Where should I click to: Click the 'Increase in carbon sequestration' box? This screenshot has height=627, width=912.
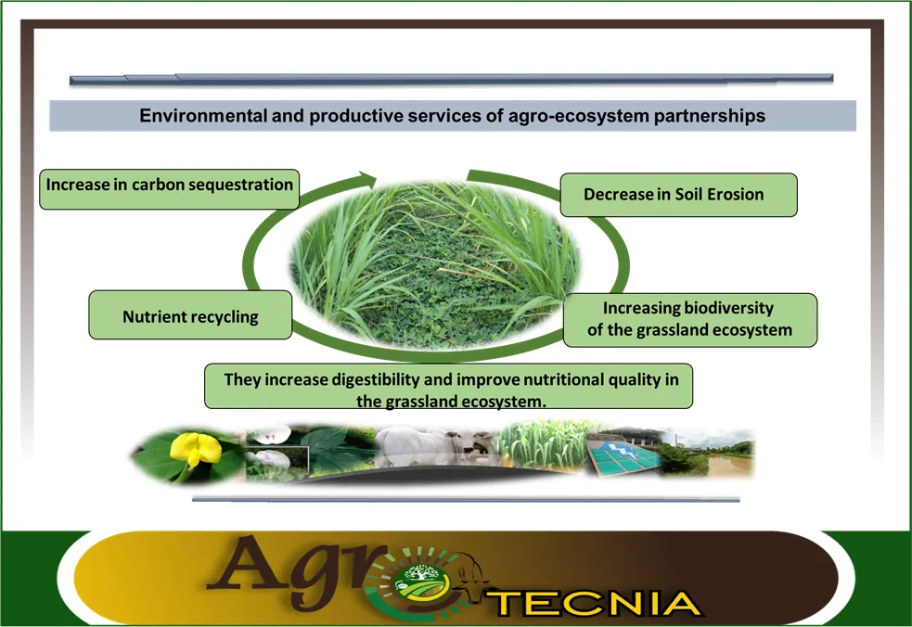(169, 189)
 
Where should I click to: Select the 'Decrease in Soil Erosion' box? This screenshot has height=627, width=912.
(678, 195)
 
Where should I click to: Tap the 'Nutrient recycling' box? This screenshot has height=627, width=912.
(190, 314)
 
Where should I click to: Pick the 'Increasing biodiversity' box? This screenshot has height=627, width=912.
(690, 320)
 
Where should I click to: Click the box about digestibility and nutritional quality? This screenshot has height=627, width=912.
(448, 386)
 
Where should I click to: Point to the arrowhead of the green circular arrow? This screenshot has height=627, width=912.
(368, 180)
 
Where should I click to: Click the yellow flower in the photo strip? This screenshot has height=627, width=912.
(195, 450)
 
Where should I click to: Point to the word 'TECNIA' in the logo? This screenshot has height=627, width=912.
(597, 603)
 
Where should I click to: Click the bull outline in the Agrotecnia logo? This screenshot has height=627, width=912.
(471, 579)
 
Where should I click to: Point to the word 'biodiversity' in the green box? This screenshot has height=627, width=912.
(728, 308)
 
